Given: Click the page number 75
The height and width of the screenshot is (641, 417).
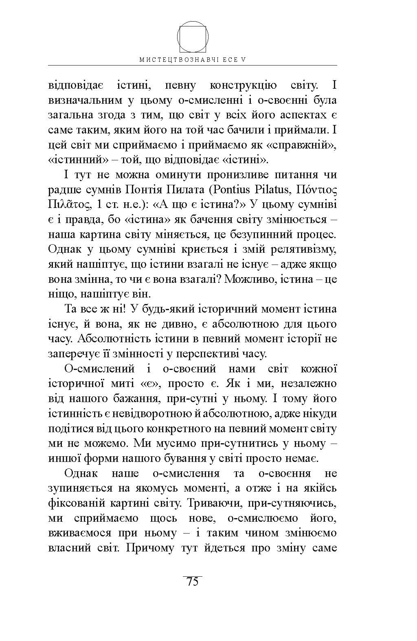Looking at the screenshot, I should click(192, 582).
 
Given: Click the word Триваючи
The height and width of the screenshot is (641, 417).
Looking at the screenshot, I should click(214, 503).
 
